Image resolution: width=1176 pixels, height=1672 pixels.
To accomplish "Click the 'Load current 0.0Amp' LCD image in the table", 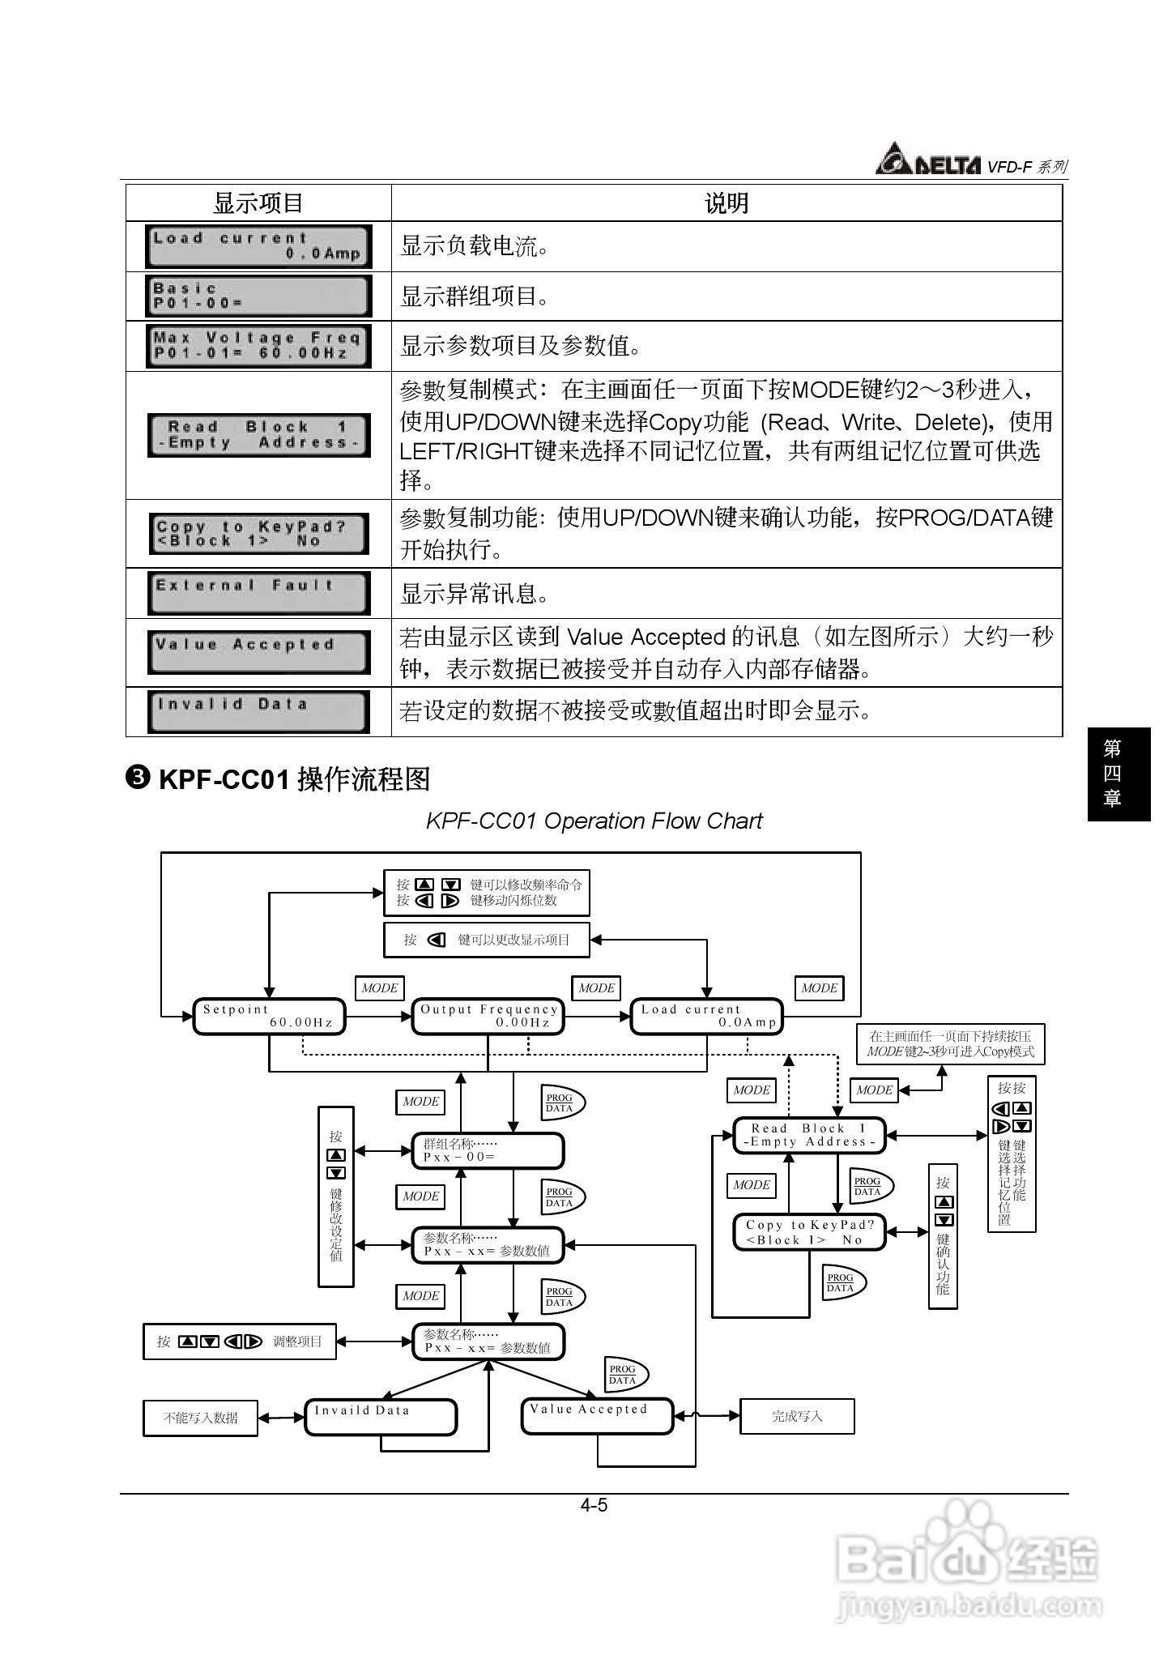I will click(258, 246).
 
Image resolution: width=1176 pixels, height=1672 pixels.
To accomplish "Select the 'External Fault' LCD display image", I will click(258, 593).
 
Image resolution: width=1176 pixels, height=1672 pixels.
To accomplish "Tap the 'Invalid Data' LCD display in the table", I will click(258, 711).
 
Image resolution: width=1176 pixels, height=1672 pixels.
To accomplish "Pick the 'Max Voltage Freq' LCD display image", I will click(258, 346).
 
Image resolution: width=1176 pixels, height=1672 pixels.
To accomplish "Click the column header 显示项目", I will click(258, 203).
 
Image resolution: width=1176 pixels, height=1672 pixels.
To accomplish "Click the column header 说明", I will click(726, 203).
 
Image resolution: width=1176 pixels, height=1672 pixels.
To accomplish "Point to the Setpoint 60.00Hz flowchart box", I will click(269, 1016).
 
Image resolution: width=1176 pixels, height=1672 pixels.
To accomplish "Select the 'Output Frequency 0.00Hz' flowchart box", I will click(488, 1016).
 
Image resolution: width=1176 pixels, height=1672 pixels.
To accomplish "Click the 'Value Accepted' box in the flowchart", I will click(597, 1416).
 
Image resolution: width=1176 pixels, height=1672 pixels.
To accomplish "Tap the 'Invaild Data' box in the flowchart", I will click(381, 1417).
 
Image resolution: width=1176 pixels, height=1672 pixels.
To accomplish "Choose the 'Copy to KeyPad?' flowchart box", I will click(809, 1232).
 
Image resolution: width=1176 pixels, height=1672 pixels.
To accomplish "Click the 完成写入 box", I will click(797, 1416).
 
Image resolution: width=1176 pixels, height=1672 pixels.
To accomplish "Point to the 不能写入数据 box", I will click(200, 1418).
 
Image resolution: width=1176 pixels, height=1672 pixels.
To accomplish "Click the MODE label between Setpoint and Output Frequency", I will click(379, 988).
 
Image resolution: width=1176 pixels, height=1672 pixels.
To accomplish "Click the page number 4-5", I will click(594, 1505).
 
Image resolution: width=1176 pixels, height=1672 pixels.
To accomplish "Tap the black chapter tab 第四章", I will click(1118, 774).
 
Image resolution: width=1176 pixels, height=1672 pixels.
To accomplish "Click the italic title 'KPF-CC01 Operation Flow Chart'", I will click(594, 821).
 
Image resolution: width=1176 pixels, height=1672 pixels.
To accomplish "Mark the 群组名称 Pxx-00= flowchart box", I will click(488, 1150).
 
